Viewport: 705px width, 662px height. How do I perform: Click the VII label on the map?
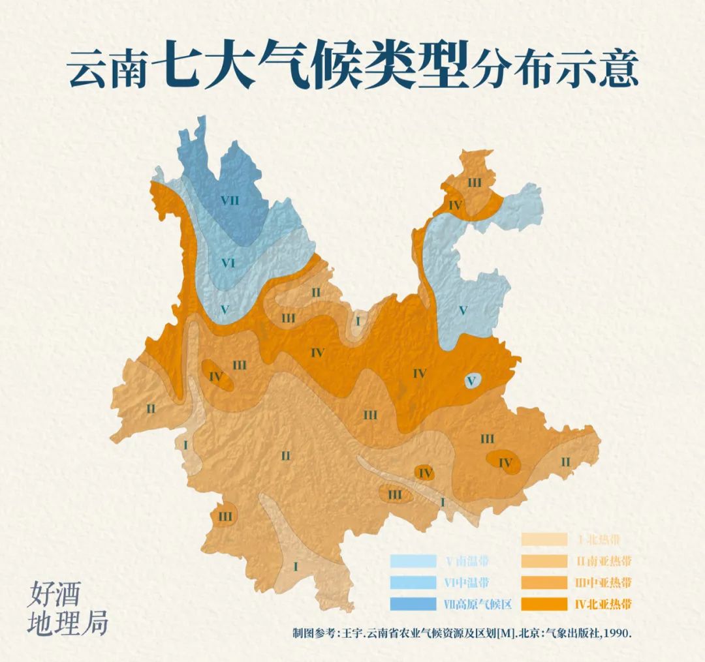(229, 200)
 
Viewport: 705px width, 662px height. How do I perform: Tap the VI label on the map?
(228, 263)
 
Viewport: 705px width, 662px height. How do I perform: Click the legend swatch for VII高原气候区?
(413, 603)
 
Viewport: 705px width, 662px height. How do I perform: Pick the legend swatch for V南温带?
(413, 561)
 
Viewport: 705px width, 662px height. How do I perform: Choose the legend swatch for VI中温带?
(413, 582)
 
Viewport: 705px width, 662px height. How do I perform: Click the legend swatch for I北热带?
(543, 539)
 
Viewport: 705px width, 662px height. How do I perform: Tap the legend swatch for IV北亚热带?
(543, 603)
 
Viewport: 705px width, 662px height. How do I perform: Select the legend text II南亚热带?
(604, 561)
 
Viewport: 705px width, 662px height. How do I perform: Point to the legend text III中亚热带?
(604, 582)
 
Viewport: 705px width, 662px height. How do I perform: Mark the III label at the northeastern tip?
(474, 183)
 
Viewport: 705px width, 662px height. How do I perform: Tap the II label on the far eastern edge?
(565, 462)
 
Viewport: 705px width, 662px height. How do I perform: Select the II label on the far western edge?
(151, 409)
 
